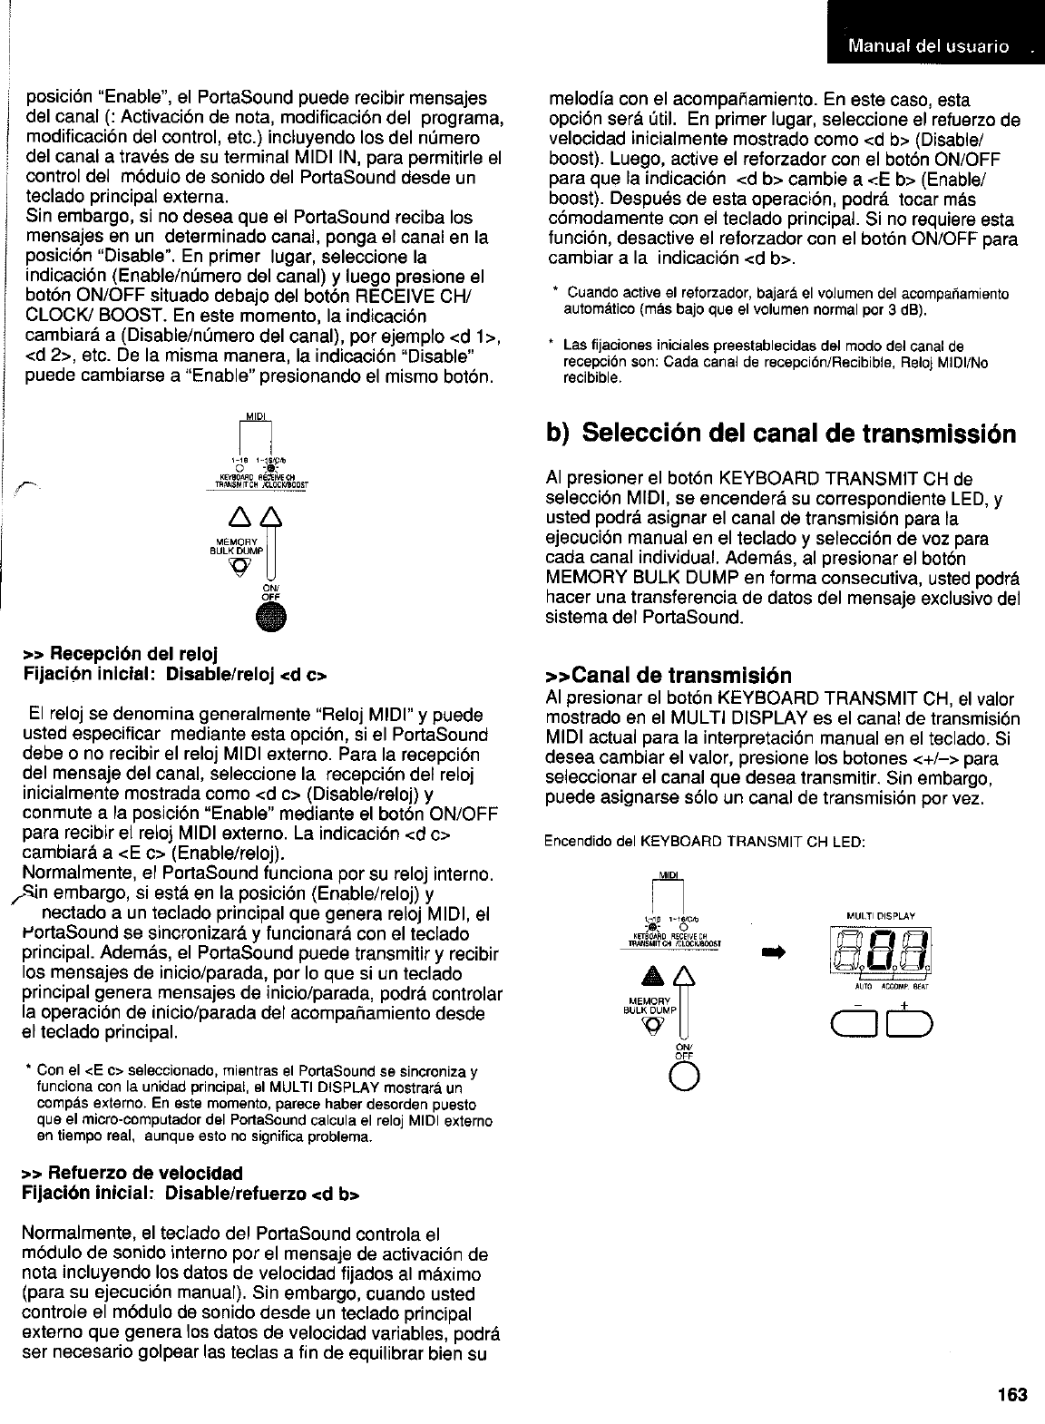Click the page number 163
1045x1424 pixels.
pyautogui.click(x=1014, y=1395)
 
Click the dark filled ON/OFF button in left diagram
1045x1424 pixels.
pyautogui.click(x=270, y=617)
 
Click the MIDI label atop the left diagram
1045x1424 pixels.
pyautogui.click(x=254, y=416)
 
